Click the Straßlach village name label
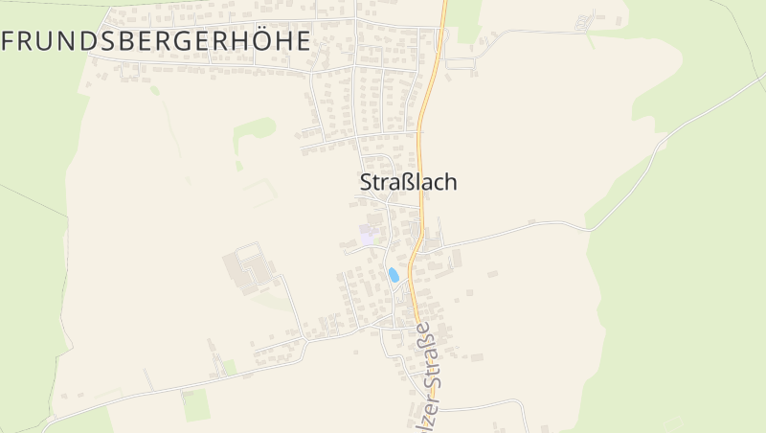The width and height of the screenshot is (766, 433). point(408,182)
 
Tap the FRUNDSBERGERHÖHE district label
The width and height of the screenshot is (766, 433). point(157,40)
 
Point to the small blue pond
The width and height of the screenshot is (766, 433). point(393,275)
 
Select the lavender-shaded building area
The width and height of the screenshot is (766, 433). point(366,235)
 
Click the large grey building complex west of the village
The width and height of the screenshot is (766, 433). point(249,269)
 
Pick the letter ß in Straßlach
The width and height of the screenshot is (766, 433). point(400,182)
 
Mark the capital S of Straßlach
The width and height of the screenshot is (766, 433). point(366,182)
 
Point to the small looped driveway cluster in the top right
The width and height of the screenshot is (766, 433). point(584,22)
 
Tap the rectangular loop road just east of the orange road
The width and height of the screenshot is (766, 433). point(461,57)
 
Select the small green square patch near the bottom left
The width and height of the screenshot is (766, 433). point(196,405)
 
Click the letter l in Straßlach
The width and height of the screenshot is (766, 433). point(413,182)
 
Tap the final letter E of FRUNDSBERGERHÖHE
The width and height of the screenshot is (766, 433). point(303,40)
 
